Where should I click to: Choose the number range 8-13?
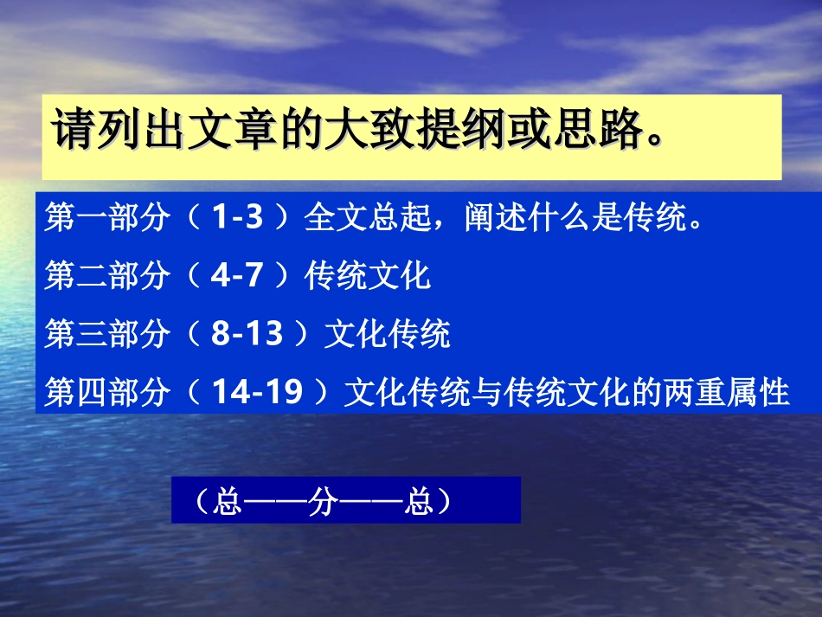point(247,334)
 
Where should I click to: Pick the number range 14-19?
point(257,392)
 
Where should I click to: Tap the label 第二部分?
point(106,277)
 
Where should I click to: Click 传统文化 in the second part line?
point(367,277)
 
